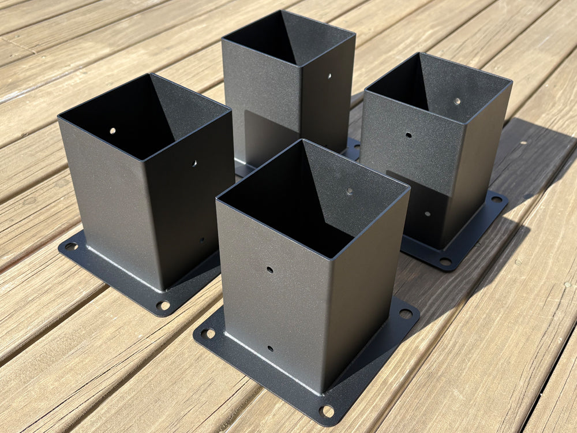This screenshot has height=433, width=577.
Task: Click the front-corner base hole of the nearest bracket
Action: point(327,411)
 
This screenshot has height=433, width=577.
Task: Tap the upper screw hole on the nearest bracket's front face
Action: point(269,270)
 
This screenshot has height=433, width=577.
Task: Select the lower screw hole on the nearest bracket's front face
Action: point(269,348)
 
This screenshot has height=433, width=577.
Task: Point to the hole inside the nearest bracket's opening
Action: point(349,191)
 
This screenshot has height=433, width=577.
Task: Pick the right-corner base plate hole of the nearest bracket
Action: point(406,314)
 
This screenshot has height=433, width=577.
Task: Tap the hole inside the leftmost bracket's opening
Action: point(113,130)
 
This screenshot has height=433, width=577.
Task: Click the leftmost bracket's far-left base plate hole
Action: point(70,247)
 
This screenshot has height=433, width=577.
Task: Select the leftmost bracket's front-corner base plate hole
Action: point(163,305)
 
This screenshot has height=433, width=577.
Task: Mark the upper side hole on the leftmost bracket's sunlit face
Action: point(194,163)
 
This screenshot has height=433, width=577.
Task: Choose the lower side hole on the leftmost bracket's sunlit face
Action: point(201,240)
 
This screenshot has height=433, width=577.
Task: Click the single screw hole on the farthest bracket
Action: point(329,76)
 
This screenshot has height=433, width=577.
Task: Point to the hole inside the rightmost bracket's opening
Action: point(457,101)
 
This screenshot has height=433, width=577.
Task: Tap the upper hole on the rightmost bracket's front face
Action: point(409,136)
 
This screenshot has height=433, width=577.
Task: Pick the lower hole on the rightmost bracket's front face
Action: point(427,214)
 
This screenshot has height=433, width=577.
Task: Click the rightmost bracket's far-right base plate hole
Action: point(496,200)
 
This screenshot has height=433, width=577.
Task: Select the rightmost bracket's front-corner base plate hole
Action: point(445,261)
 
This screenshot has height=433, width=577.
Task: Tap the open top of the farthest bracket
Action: point(288,38)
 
